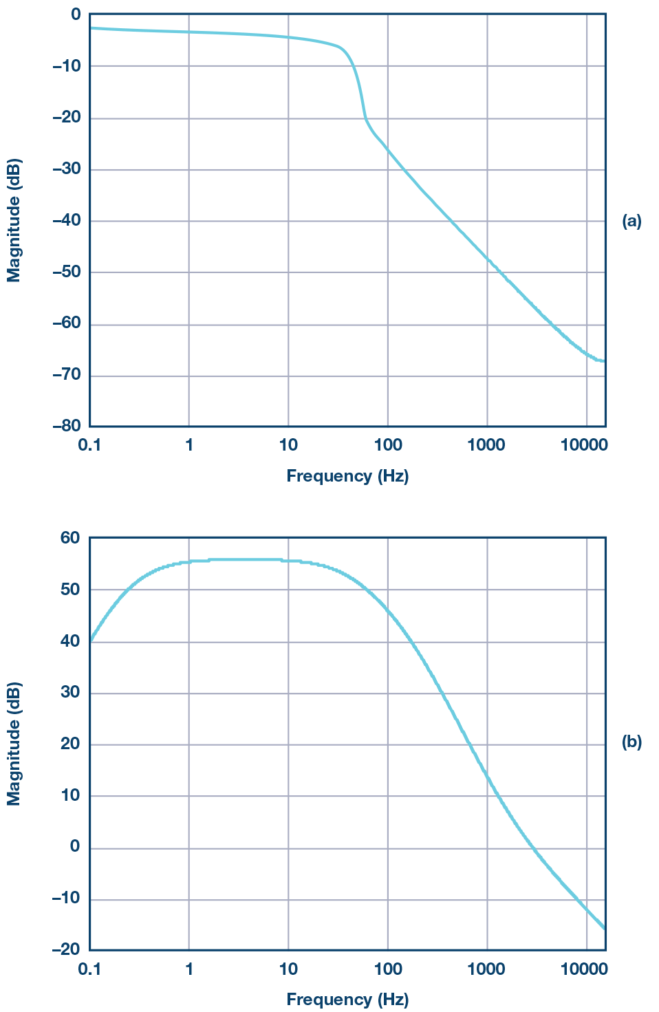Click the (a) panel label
[x=631, y=221]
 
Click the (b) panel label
[x=631, y=742]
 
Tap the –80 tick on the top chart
[x=66, y=426]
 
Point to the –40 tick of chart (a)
[x=66, y=221]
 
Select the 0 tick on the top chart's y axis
[x=75, y=14]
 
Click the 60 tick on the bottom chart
[x=70, y=538]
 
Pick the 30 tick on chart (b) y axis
[x=70, y=692]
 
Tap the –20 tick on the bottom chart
[x=66, y=949]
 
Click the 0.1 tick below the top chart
[x=89, y=445]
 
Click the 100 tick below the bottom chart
[x=388, y=969]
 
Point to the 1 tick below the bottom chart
[x=189, y=969]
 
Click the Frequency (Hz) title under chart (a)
[x=347, y=475]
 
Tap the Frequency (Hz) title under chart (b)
[x=347, y=999]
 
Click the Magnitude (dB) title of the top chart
[x=14, y=221]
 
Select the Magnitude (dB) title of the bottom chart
[x=14, y=744]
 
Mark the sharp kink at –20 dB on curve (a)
[x=365, y=119]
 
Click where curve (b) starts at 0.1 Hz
[x=90, y=641]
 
